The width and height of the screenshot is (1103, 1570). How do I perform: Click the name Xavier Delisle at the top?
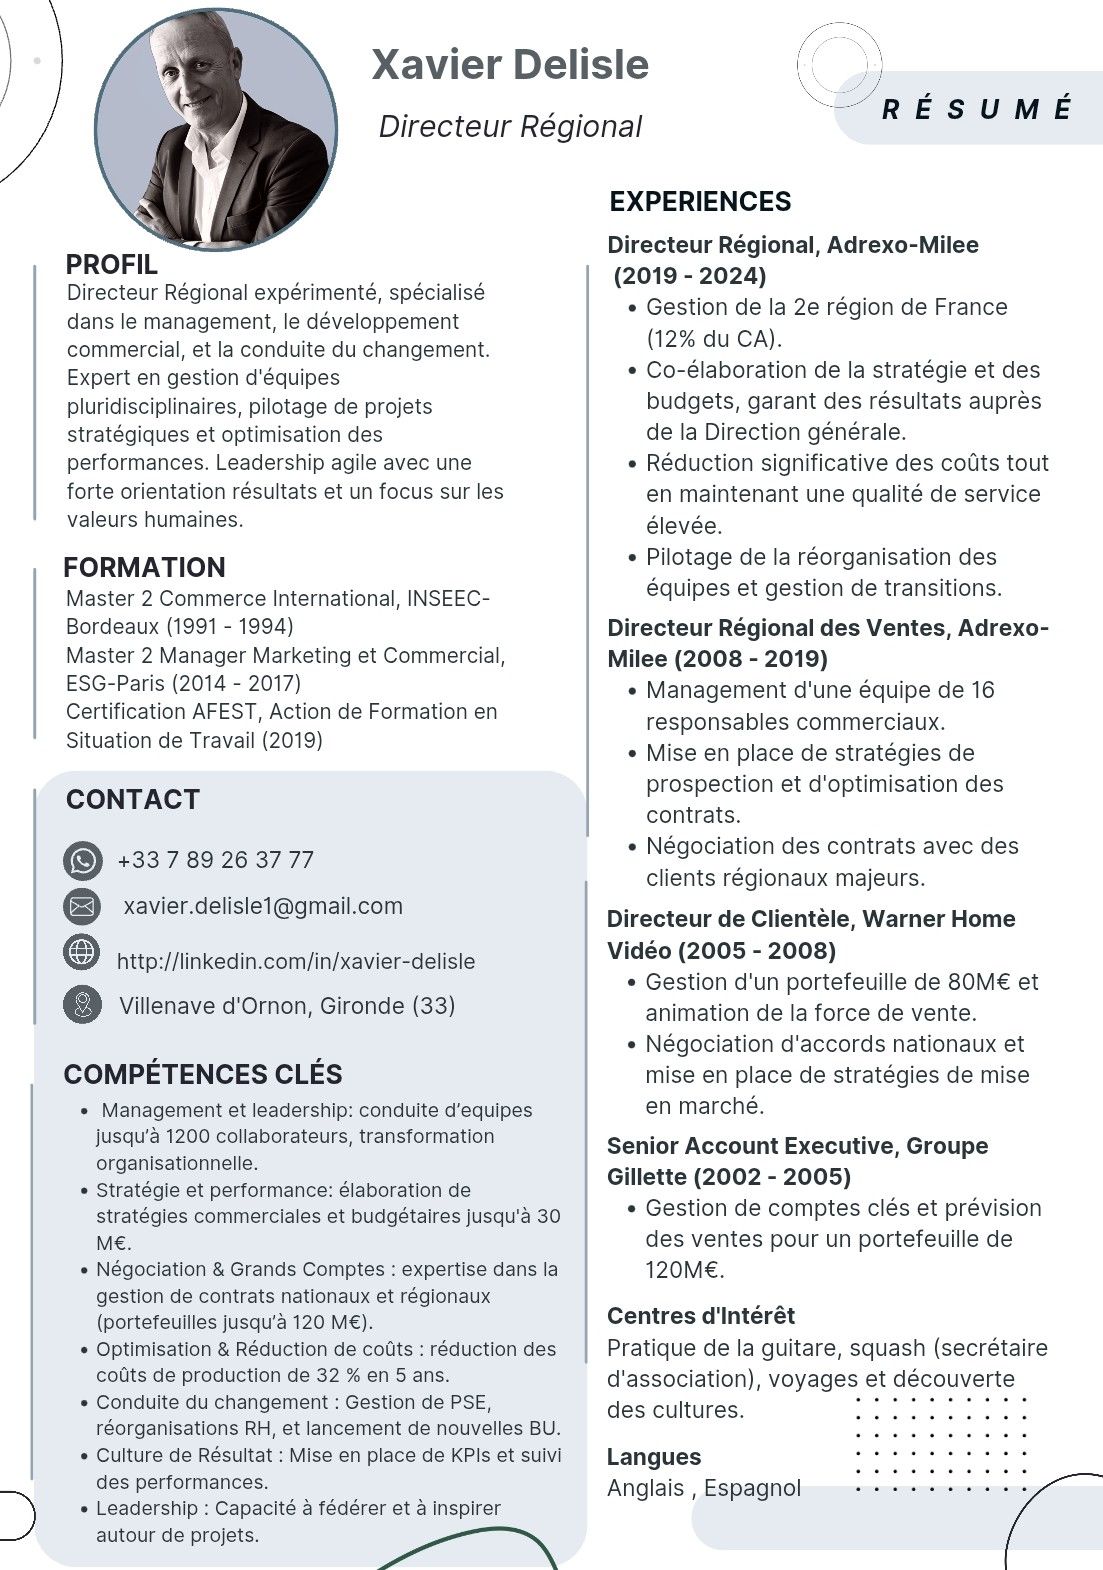510,65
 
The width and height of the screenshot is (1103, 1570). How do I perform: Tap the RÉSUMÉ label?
976,109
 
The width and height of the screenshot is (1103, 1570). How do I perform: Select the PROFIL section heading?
111,265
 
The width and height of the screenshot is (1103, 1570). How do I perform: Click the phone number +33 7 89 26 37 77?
215,860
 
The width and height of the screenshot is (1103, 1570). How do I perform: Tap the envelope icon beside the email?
82,906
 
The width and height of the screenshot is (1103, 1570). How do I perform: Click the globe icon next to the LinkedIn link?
82,951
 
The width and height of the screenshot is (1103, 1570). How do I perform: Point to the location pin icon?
82,1004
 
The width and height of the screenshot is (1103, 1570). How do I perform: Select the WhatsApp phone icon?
82,860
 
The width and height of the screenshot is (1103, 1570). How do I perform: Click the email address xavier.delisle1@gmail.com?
263,906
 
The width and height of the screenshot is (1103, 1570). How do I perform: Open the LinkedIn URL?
296,961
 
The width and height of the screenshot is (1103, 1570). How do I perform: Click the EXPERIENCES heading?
700,202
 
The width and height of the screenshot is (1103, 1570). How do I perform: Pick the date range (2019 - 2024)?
690,276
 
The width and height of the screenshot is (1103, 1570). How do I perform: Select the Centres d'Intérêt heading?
701,1316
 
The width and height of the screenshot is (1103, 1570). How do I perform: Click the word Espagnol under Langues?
752,1488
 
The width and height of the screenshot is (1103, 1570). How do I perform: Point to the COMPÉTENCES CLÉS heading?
203,1075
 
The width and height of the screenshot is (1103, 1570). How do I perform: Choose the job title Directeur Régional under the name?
510,127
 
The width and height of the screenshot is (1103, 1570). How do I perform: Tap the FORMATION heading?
144,568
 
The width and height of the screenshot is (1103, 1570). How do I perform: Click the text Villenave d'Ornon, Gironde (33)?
287,1006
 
